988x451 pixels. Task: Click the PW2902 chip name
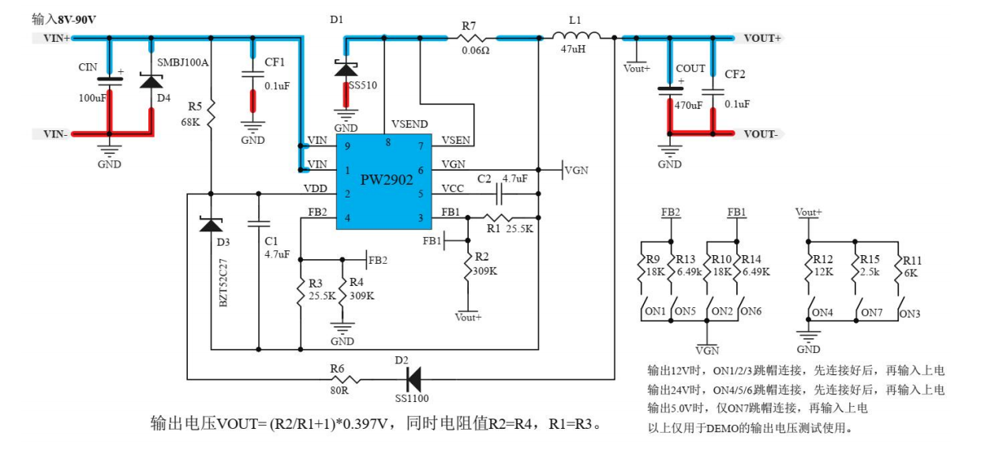pyautogui.click(x=387, y=179)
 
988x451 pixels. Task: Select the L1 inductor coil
pyautogui.click(x=576, y=36)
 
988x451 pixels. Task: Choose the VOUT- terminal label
pyautogui.click(x=761, y=134)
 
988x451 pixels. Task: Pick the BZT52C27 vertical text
pyautogui.click(x=223, y=280)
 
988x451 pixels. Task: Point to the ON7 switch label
pyautogui.click(x=873, y=312)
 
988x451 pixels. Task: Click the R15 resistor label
pyautogui.click(x=870, y=260)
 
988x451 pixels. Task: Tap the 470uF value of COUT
pyautogui.click(x=688, y=104)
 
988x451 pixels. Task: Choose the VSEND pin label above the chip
pyautogui.click(x=409, y=125)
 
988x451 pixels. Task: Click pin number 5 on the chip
pyautogui.click(x=421, y=194)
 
